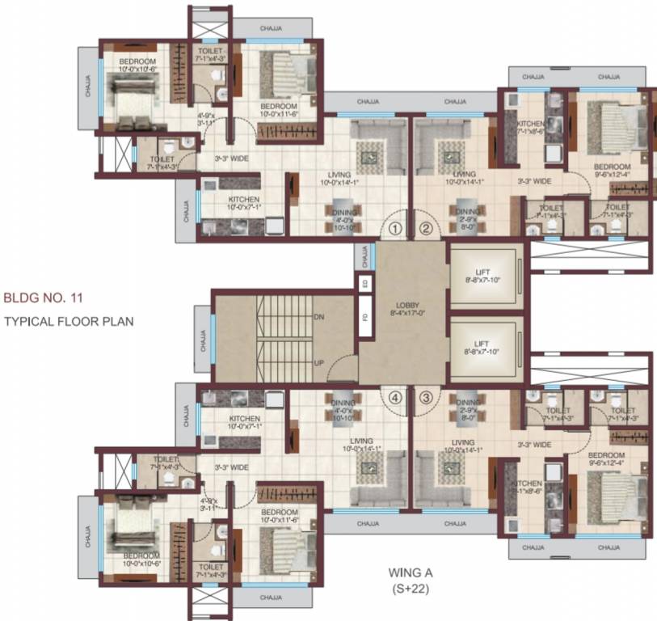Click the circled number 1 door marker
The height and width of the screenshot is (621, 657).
(x=394, y=229)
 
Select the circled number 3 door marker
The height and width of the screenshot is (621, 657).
(x=426, y=397)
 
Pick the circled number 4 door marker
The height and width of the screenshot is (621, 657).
(x=394, y=397)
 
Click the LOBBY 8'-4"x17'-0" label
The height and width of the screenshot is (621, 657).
(x=402, y=306)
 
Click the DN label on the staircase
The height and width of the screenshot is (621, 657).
(x=318, y=317)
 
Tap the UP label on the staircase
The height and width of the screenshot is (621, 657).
(x=318, y=363)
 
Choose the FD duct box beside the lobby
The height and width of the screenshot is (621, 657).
(x=366, y=317)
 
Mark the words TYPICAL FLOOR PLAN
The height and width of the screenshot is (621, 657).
(x=69, y=321)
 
